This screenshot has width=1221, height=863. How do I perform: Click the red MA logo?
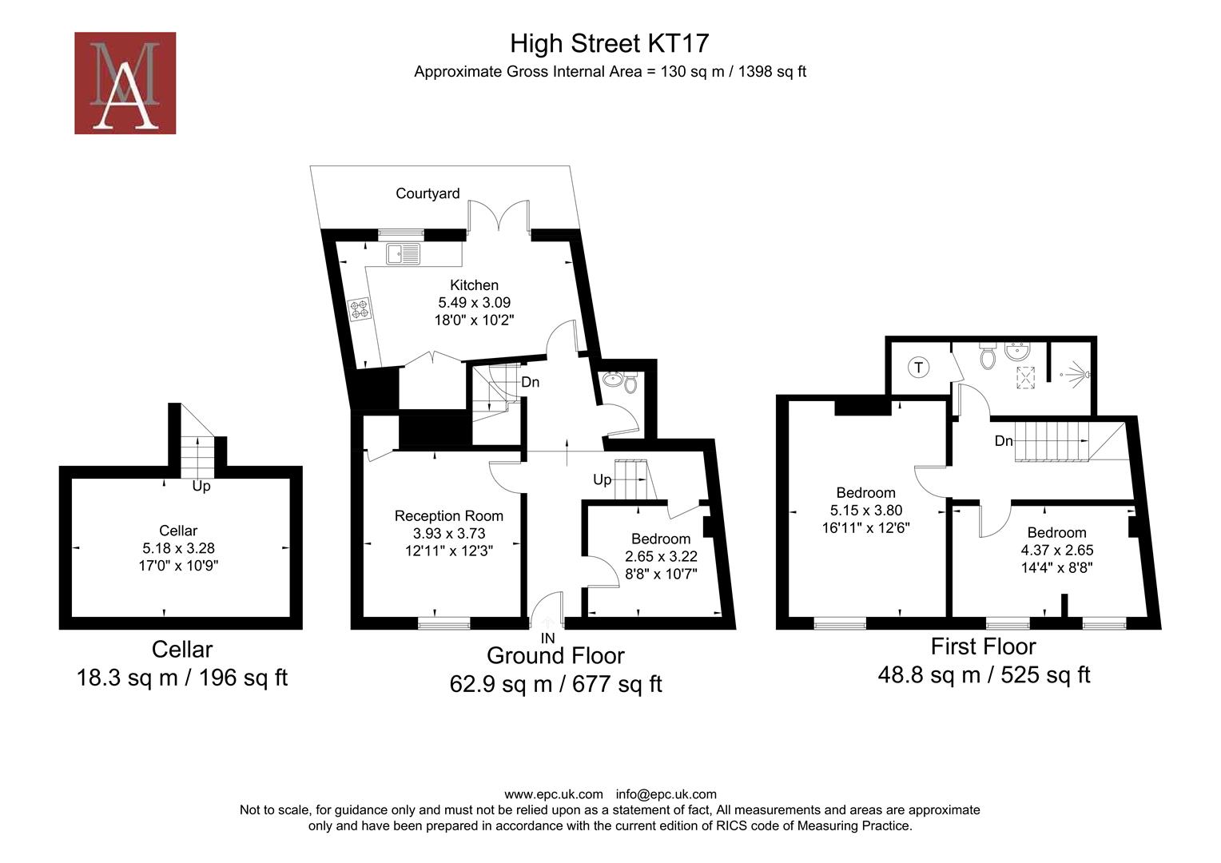pyautogui.click(x=125, y=83)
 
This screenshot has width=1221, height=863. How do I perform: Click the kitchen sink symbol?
pyautogui.click(x=404, y=254)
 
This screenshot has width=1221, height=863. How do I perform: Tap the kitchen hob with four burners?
pyautogui.click(x=359, y=309)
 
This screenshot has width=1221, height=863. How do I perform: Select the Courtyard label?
pyautogui.click(x=428, y=193)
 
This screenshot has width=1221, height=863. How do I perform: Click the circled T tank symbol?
pyautogui.click(x=919, y=368)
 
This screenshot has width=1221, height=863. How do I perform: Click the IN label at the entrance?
pyautogui.click(x=548, y=638)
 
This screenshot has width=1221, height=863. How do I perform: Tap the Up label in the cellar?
pyautogui.click(x=201, y=486)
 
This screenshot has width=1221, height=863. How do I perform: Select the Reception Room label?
pyautogui.click(x=449, y=516)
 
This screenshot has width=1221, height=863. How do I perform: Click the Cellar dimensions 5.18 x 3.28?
pyautogui.click(x=178, y=548)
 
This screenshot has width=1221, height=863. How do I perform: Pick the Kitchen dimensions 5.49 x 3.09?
pyautogui.click(x=474, y=303)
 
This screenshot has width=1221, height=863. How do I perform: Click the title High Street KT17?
pyautogui.click(x=610, y=43)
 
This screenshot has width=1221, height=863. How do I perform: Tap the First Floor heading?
pyautogui.click(x=983, y=646)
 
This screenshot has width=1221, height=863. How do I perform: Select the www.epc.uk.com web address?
pyautogui.click(x=554, y=794)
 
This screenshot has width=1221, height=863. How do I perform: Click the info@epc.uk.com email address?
pyautogui.click(x=666, y=794)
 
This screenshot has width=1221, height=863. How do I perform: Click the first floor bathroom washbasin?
pyautogui.click(x=1017, y=352)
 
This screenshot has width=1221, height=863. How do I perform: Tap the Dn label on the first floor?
pyautogui.click(x=1004, y=441)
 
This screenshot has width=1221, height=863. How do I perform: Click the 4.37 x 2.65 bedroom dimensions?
pyautogui.click(x=1056, y=551)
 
